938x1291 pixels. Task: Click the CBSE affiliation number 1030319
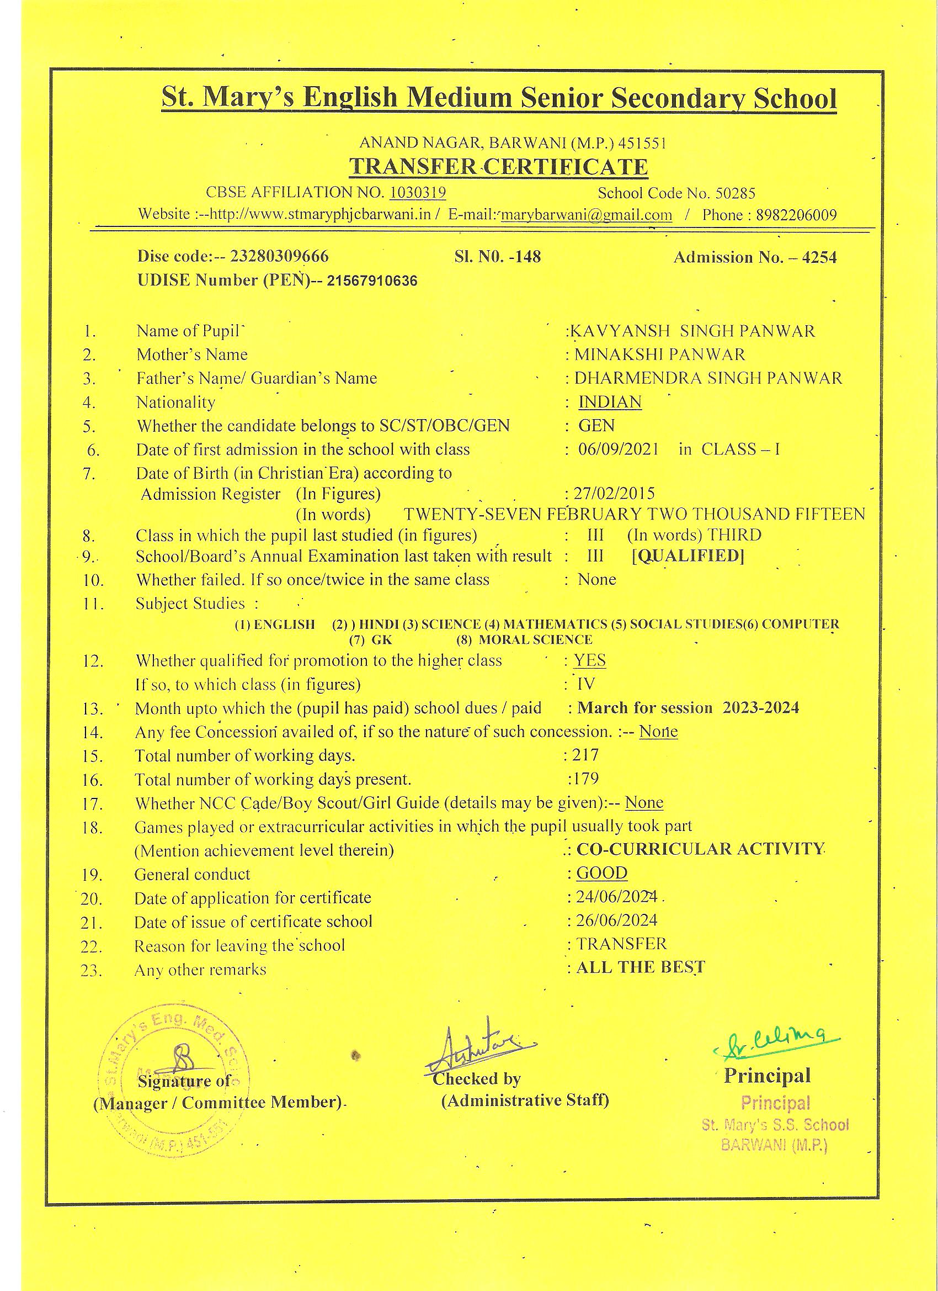coord(418,193)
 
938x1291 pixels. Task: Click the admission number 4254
coord(819,257)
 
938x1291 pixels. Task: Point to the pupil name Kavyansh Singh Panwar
coord(693,331)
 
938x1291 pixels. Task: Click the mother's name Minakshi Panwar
coord(659,355)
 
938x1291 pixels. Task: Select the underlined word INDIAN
coord(610,402)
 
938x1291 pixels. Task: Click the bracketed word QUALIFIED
coord(688,555)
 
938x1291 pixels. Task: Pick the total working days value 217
coord(586,755)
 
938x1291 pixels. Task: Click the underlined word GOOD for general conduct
coord(602,873)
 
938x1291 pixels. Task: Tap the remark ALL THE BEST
coord(641,967)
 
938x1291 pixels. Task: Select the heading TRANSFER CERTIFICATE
coord(498,167)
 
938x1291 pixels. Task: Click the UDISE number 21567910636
coord(372,281)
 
